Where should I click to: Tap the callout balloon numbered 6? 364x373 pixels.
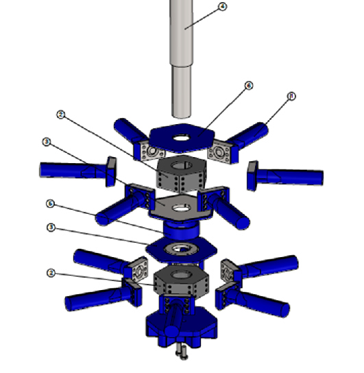[249, 86]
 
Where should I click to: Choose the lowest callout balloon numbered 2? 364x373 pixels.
[50, 272]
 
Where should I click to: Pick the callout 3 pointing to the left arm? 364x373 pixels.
[46, 142]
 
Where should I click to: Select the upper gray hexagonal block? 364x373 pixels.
[180, 175]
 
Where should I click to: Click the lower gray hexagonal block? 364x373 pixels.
[179, 282]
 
